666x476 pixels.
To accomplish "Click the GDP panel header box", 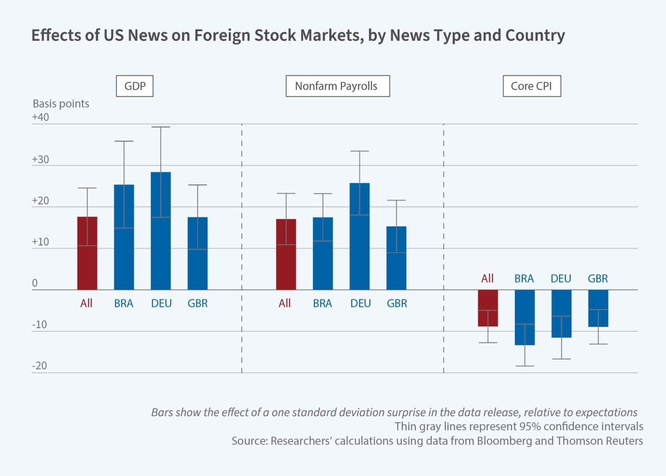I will pyautogui.click(x=134, y=86).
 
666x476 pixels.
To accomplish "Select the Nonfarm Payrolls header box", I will pyautogui.click(x=337, y=86).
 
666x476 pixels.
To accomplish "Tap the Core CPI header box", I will pyautogui.click(x=531, y=86).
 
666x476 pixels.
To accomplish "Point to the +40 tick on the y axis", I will pyautogui.click(x=40, y=117).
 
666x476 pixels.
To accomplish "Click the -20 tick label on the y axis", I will pyautogui.click(x=39, y=366).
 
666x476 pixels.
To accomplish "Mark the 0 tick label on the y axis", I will pyautogui.click(x=35, y=284).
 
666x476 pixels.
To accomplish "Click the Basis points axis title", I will pyautogui.click(x=61, y=104).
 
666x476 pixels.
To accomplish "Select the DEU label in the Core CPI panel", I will pyautogui.click(x=561, y=279).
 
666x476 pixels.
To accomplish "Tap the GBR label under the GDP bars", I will pyautogui.click(x=198, y=303).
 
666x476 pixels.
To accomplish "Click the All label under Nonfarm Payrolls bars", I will pyautogui.click(x=285, y=303).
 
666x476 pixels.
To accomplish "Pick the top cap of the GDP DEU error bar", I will pyautogui.click(x=161, y=127).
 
